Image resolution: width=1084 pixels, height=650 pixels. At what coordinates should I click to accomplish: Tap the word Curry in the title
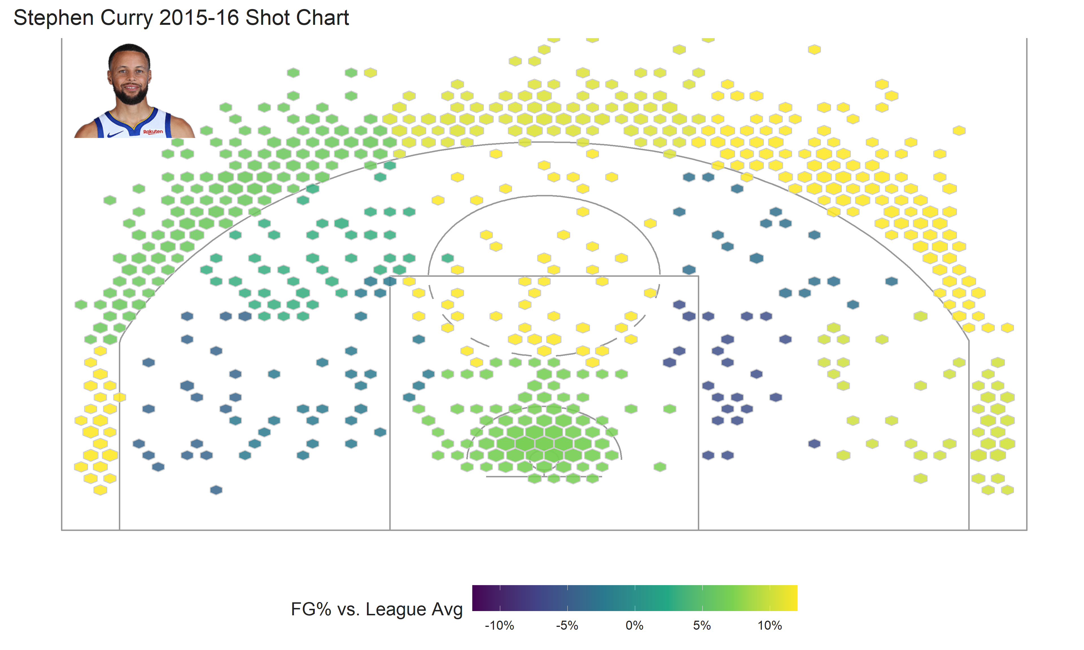point(127,18)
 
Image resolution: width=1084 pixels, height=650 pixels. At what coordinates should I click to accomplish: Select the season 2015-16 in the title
point(199,18)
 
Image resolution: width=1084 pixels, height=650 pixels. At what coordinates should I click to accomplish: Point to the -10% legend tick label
point(499,625)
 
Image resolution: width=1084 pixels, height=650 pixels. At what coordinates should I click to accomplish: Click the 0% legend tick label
point(635,625)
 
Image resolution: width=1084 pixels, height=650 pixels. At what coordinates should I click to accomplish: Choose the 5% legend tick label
point(702,625)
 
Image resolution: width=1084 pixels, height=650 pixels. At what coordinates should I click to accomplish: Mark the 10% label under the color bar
point(770,625)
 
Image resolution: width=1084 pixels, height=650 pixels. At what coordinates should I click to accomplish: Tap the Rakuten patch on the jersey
point(153,131)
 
